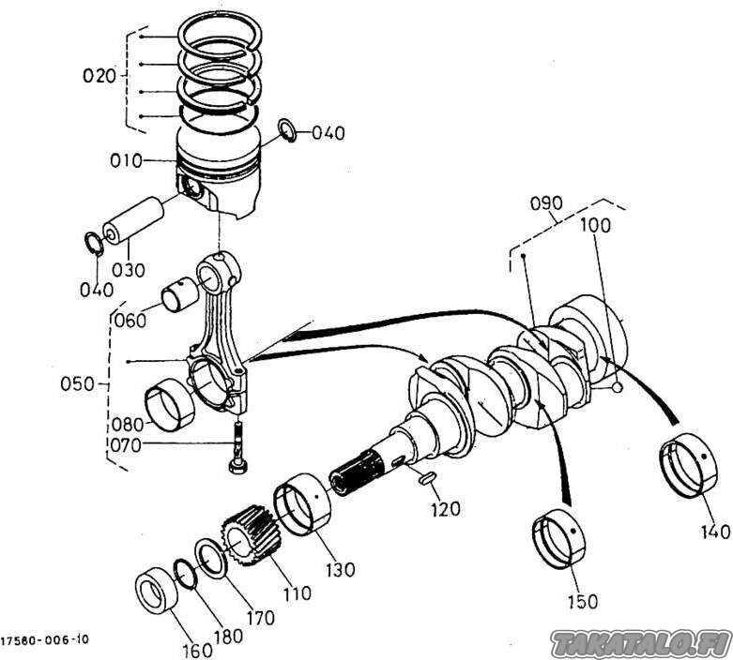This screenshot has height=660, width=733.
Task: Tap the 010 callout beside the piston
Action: click(x=125, y=160)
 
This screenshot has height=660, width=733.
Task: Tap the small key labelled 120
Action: click(x=424, y=477)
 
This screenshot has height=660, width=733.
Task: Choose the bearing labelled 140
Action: click(x=690, y=467)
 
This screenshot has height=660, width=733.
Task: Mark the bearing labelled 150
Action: click(x=559, y=542)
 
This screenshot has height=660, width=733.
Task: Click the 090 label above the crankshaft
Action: click(x=546, y=202)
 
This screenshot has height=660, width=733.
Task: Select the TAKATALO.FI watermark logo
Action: click(x=641, y=641)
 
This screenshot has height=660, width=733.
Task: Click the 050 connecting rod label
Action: click(x=80, y=383)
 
